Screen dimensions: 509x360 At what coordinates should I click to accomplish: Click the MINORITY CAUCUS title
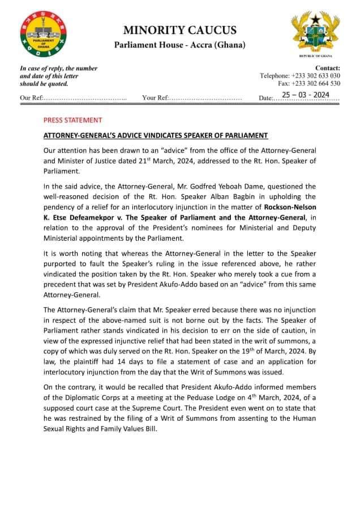pos(180,30)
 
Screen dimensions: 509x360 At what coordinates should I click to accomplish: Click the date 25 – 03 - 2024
pos(306,95)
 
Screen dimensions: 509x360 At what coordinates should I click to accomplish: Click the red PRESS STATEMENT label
pos(73,120)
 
